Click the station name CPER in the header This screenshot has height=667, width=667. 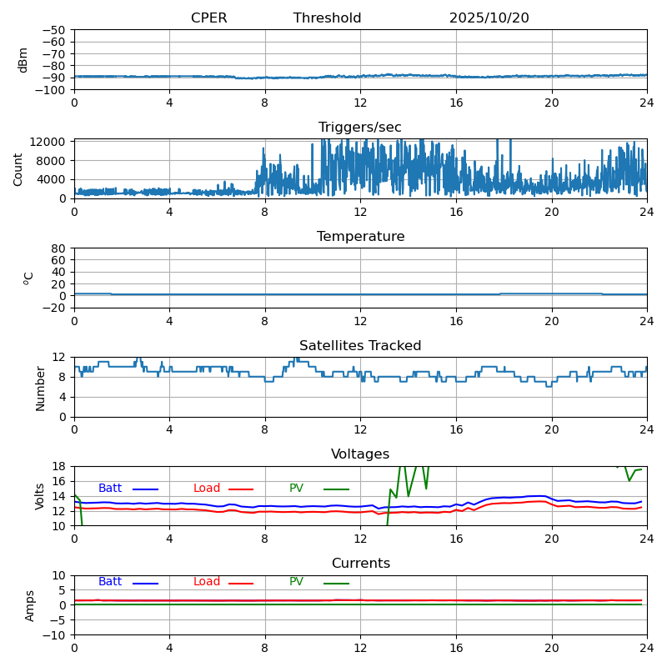(208, 18)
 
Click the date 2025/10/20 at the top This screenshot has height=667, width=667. (489, 18)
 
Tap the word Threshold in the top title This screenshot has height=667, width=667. (327, 18)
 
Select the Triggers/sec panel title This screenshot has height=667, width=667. (359, 128)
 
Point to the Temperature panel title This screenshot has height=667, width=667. (360, 237)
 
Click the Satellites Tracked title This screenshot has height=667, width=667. (360, 346)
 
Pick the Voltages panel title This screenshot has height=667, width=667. (360, 454)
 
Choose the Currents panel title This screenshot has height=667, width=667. (360, 564)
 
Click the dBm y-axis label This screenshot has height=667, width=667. (23, 60)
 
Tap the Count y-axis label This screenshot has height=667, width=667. (18, 168)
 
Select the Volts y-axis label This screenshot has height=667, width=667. (40, 496)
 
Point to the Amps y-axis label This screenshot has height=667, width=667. (30, 605)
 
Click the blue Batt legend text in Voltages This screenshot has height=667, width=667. (110, 489)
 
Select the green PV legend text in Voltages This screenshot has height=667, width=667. (296, 489)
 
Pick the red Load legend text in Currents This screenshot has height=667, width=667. (207, 582)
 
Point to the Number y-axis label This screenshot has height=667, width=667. (40, 388)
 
